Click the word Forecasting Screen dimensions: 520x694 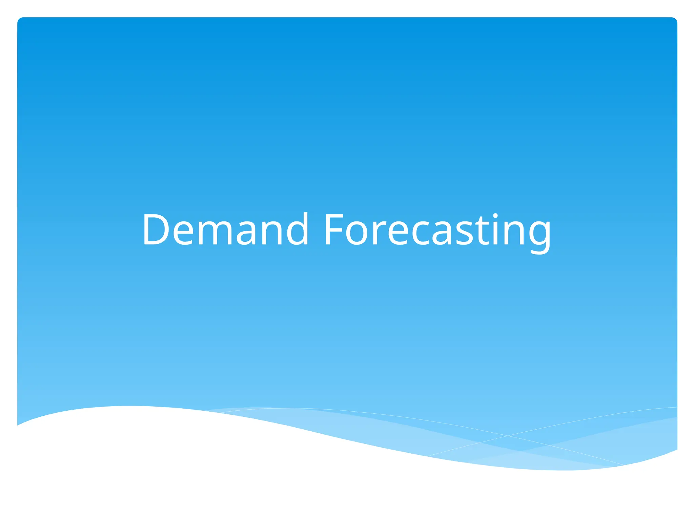click(x=437, y=230)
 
